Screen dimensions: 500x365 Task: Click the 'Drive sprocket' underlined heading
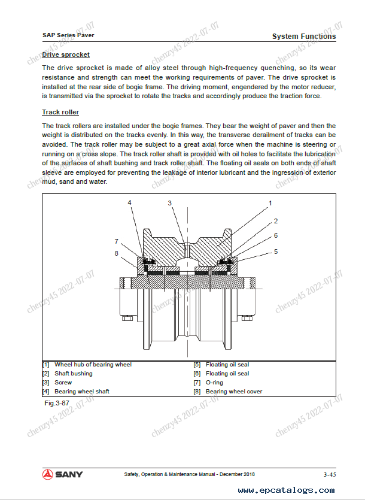66,54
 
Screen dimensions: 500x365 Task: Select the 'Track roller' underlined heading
60,112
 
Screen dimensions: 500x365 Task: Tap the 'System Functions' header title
304,37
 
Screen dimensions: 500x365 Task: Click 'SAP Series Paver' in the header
68,35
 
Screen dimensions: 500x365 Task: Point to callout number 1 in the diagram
270,204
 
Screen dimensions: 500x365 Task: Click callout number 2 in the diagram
276,221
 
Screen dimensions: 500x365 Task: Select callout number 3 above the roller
170,204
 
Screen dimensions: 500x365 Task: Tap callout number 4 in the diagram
129,203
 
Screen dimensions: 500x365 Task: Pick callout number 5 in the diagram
276,251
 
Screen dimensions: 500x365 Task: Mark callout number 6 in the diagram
276,236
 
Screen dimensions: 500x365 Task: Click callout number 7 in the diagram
117,241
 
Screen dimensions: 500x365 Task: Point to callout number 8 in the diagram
117,253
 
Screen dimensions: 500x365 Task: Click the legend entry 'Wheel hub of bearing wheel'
93,365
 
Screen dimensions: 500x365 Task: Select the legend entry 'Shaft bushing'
74,374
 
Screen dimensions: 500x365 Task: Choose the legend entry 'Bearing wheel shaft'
82,392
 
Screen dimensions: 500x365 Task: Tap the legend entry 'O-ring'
214,383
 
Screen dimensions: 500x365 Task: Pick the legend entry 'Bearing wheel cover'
234,392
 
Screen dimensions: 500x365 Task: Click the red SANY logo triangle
48,474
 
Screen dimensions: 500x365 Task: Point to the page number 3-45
329,475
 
